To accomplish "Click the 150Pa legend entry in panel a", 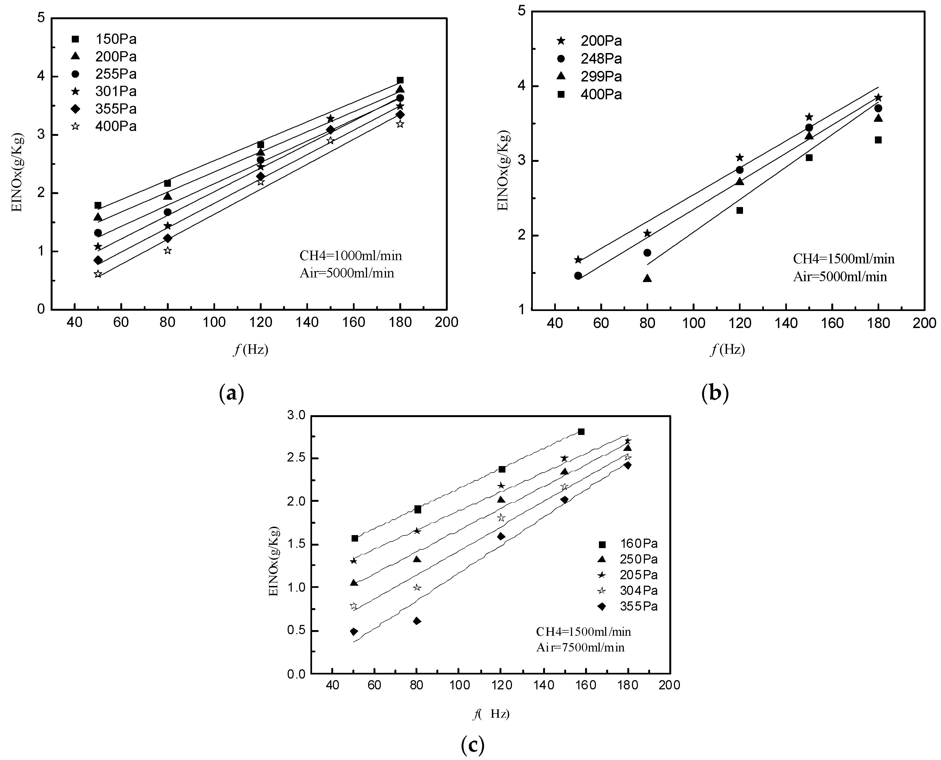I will coord(116,40).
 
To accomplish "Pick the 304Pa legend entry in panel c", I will coord(639,591).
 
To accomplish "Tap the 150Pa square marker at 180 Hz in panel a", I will coord(400,80).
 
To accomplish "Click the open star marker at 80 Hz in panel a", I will coord(167,250).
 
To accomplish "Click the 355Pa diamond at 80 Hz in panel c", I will coord(417,621).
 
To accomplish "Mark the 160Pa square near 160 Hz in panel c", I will coord(581,432).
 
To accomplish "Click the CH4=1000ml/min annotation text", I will coord(351,256).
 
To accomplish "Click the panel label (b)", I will coord(715,393).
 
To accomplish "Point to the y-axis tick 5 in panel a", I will coord(41,18).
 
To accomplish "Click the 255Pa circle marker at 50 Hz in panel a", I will coord(98,233).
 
